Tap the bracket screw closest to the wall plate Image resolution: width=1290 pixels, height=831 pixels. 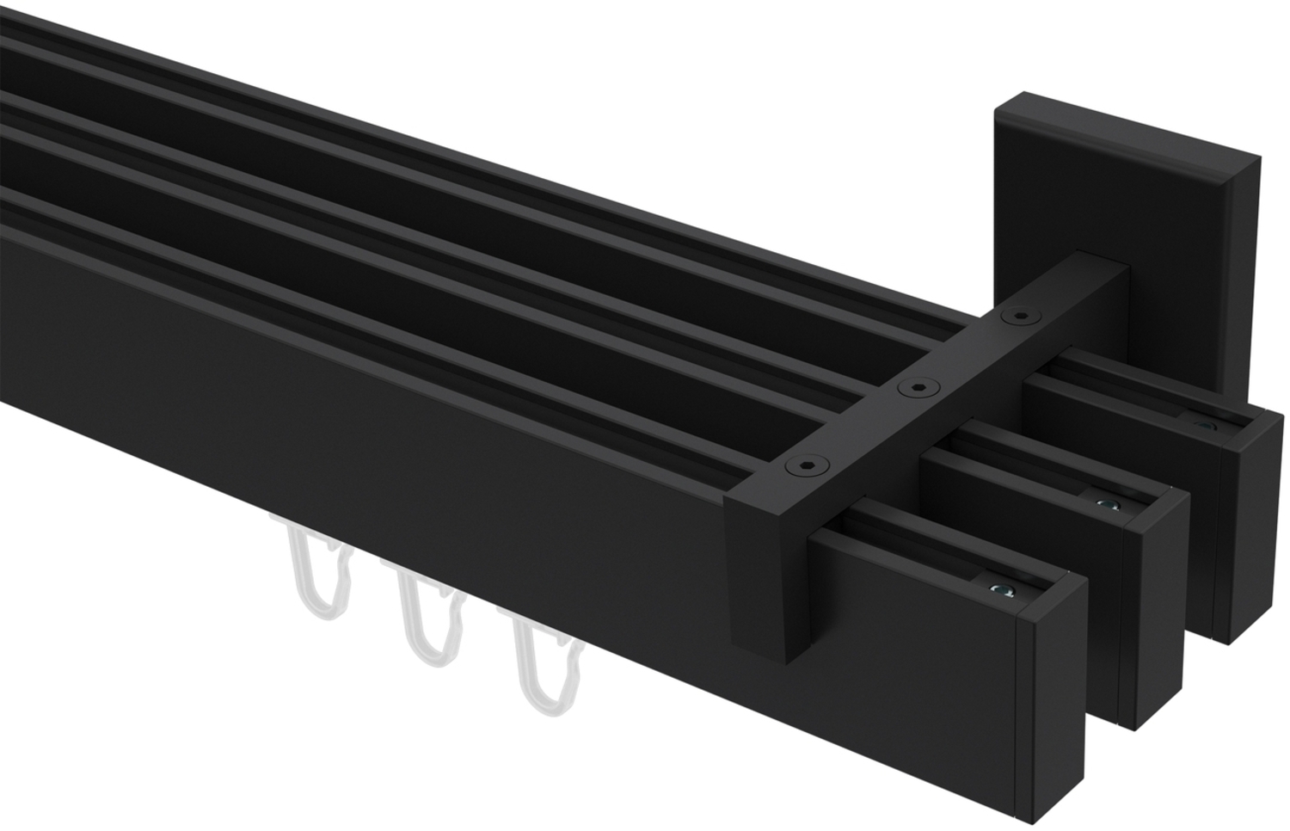1020,317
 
